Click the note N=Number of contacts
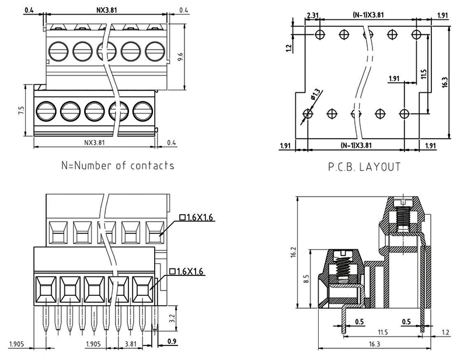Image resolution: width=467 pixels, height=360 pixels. [x=117, y=165]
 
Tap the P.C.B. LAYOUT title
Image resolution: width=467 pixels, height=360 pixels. [x=364, y=167]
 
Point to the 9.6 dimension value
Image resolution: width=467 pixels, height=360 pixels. [x=180, y=57]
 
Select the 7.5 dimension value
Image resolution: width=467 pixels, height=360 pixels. [x=21, y=110]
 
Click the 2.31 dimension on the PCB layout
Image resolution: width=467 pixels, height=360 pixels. [x=310, y=15]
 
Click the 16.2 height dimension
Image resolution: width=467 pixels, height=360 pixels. [x=293, y=252]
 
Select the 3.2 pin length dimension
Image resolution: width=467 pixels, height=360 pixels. [x=171, y=319]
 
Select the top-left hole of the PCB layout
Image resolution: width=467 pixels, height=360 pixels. [x=319, y=35]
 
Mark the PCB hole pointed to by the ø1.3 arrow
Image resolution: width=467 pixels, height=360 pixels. [x=308, y=113]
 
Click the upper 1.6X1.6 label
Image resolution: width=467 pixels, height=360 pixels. [x=197, y=218]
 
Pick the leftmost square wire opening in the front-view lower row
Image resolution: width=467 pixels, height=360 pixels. [x=45, y=288]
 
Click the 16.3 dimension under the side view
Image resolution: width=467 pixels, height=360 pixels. [x=374, y=345]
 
